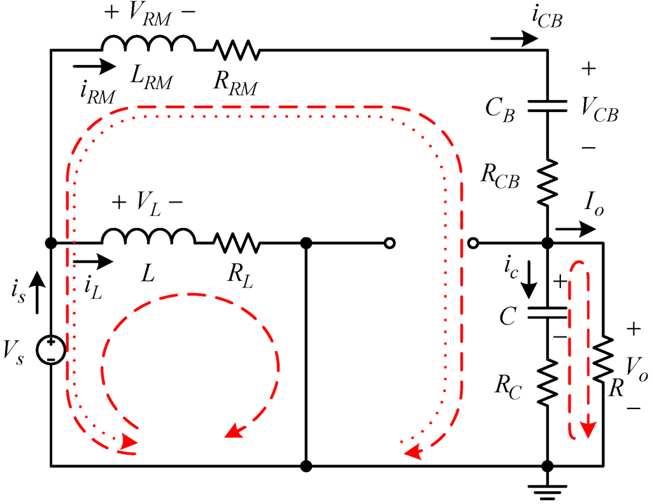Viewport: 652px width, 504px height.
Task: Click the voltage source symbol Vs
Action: pyautogui.click(x=50, y=350)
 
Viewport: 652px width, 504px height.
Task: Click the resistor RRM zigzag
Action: pyautogui.click(x=236, y=50)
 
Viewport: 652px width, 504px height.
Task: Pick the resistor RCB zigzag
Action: pyautogui.click(x=547, y=182)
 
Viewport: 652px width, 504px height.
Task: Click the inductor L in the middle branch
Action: pyautogui.click(x=148, y=237)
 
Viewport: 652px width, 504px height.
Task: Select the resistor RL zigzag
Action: pyautogui.click(x=236, y=243)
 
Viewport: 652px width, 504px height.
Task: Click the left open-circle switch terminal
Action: pyautogui.click(x=390, y=243)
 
